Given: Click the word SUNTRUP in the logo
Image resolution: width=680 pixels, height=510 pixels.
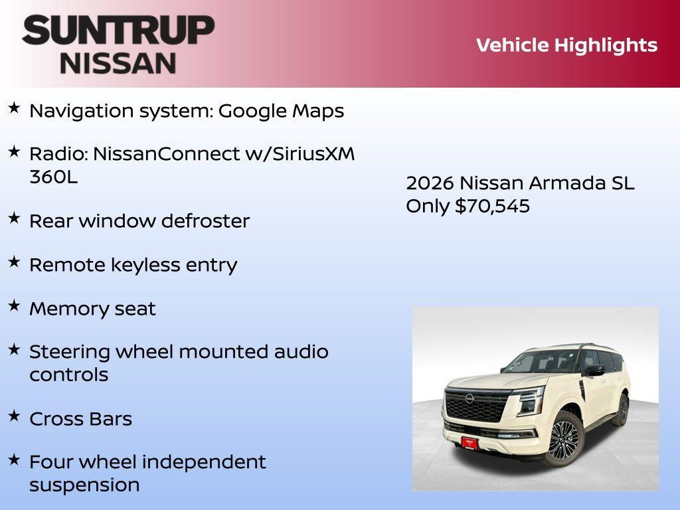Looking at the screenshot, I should pos(118,31).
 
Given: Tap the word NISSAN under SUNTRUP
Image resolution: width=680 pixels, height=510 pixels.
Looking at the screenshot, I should pos(118,63).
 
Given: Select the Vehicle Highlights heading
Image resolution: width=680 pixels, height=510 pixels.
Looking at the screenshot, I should pos(566,45).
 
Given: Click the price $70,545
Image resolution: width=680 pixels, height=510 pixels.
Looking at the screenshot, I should pos(492,206).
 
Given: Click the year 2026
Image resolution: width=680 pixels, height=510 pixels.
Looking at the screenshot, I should pos(430,183).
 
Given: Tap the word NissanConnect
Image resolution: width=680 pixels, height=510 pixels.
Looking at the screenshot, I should pos(166,154).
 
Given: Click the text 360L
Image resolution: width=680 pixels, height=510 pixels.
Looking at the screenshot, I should pos(53,177).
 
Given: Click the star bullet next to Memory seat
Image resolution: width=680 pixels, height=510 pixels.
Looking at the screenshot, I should pos(14,305).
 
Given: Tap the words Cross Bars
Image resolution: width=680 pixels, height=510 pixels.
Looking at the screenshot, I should pos(80,419).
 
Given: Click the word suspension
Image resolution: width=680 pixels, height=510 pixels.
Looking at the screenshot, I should pos(84,485).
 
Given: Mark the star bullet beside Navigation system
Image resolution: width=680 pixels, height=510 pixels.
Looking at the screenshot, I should pos(14,107).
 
